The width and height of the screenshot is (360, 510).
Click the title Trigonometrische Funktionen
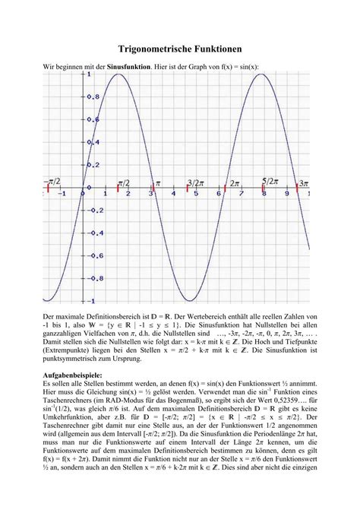click(x=179, y=48)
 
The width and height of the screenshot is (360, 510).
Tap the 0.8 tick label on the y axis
click(x=93, y=96)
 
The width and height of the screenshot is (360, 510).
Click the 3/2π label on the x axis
click(x=194, y=184)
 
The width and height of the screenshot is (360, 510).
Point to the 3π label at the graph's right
click(x=303, y=184)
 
